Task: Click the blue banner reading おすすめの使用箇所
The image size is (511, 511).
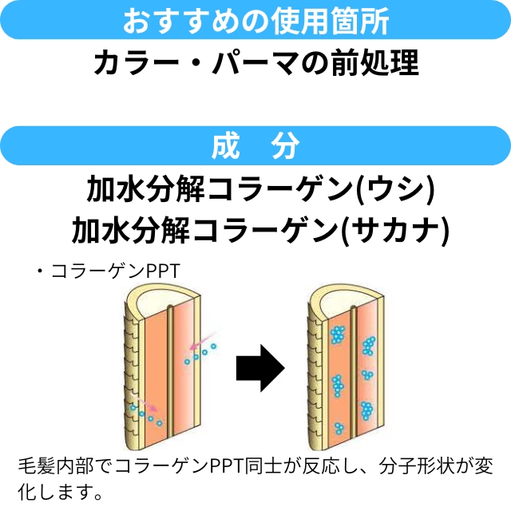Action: coord(255,21)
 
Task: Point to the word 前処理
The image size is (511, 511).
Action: coord(374,63)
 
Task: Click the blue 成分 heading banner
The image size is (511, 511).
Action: coord(255,145)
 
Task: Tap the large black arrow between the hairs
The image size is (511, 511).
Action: coord(261,368)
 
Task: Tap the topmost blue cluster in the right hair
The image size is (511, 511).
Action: coord(339,334)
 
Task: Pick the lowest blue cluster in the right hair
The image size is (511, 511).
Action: coord(368,411)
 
